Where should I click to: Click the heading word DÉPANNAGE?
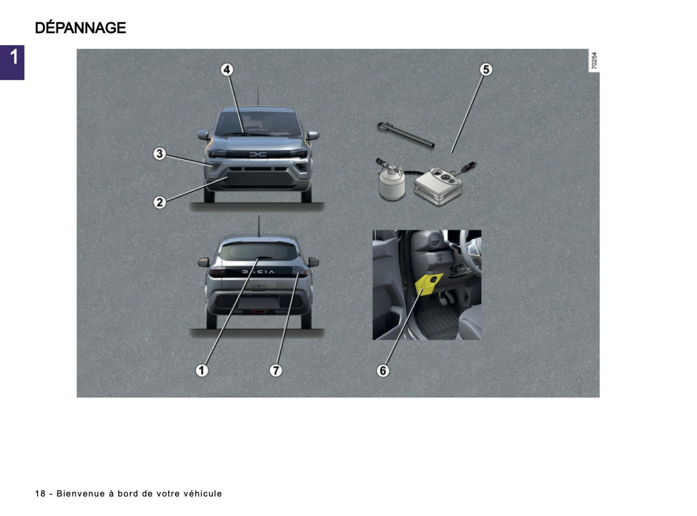(80, 28)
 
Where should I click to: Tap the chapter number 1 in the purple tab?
(14, 57)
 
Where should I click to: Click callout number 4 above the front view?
(227, 69)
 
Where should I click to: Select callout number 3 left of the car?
(160, 154)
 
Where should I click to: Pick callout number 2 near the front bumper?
(160, 202)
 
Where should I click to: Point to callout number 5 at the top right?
(486, 69)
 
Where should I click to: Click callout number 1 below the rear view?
(202, 370)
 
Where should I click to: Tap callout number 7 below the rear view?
(275, 370)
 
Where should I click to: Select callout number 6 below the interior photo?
(383, 370)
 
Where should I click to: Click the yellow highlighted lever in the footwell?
(428, 283)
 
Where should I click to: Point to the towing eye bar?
(406, 135)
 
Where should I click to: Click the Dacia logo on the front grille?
(258, 154)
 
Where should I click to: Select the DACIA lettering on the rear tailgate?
(258, 272)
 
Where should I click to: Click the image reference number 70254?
(594, 61)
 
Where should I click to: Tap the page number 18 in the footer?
(40, 494)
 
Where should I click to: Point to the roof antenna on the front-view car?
(258, 95)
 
